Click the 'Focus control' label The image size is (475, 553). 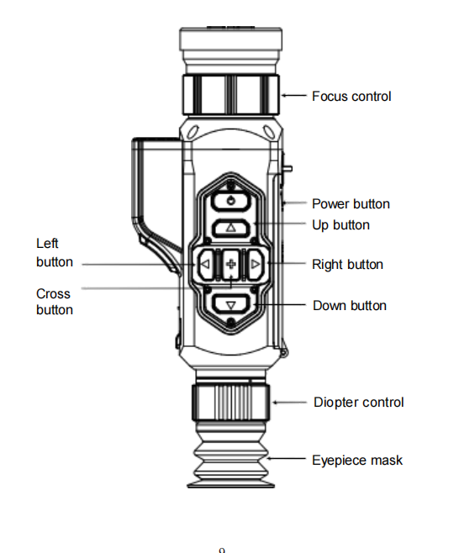click(x=351, y=97)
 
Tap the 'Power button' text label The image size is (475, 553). click(x=351, y=204)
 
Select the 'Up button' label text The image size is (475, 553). click(x=340, y=225)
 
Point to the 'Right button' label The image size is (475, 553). click(x=347, y=265)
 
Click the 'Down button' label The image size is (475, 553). click(x=350, y=305)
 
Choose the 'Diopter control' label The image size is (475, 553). click(x=359, y=403)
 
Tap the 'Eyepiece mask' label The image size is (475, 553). click(x=357, y=461)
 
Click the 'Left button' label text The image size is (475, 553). click(x=55, y=252)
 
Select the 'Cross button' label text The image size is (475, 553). click(x=55, y=302)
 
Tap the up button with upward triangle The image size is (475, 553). click(x=231, y=228)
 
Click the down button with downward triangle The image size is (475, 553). click(x=231, y=303)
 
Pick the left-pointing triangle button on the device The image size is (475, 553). click(x=205, y=264)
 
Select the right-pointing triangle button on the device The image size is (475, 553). click(x=255, y=264)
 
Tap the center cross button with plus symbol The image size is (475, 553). click(x=231, y=264)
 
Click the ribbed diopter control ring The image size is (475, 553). click(x=231, y=403)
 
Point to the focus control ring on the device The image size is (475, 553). click(x=231, y=94)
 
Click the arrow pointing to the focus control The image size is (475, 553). click(x=294, y=95)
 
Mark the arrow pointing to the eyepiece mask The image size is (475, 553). click(x=286, y=459)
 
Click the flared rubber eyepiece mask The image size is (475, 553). click(x=231, y=455)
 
